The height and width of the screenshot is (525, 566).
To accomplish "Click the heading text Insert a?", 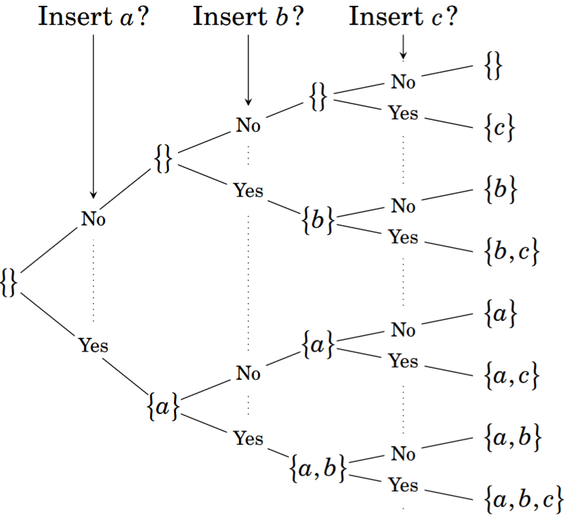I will pyautogui.click(x=94, y=16).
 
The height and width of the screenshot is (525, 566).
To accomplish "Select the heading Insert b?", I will pyautogui.click(x=249, y=16).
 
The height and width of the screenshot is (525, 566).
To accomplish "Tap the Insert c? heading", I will pyautogui.click(x=403, y=16).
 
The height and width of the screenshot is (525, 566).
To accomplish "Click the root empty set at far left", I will pyautogui.click(x=9, y=281).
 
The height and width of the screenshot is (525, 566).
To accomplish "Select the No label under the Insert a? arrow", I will pyautogui.click(x=94, y=219).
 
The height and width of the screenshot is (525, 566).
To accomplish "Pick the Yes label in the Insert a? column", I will pyautogui.click(x=94, y=345).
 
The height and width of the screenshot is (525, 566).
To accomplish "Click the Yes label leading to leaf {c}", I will pyautogui.click(x=403, y=114).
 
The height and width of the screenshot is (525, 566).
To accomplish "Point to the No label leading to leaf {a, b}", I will pyautogui.click(x=403, y=453).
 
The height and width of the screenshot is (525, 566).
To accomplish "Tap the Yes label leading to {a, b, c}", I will pyautogui.click(x=403, y=485).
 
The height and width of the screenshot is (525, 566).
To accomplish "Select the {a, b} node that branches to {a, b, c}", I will pyautogui.click(x=317, y=468).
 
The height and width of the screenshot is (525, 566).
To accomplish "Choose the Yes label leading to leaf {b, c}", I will pyautogui.click(x=403, y=236).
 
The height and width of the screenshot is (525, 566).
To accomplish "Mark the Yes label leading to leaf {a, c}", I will pyautogui.click(x=403, y=360).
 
